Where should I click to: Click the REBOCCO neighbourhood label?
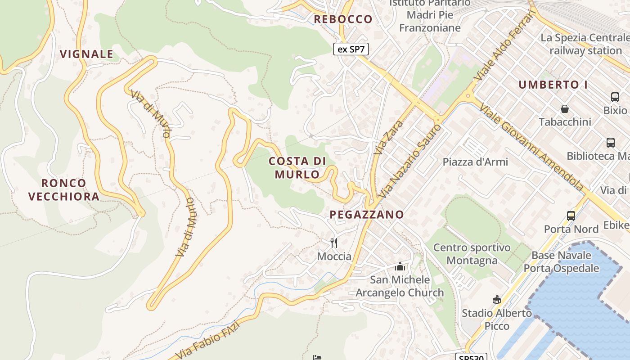343,19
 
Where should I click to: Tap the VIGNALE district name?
86,54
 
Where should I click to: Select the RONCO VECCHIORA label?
63,189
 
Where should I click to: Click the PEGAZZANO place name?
367,215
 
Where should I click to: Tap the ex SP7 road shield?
351,49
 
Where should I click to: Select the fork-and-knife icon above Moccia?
334,243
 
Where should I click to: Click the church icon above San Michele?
400,266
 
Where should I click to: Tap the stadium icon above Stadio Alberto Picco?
497,299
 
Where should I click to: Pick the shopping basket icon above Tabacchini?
564,108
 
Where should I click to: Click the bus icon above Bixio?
615,97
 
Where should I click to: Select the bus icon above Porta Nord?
571,216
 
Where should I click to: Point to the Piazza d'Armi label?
475,162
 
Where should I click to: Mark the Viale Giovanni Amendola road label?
531,147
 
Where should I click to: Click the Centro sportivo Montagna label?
472,254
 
